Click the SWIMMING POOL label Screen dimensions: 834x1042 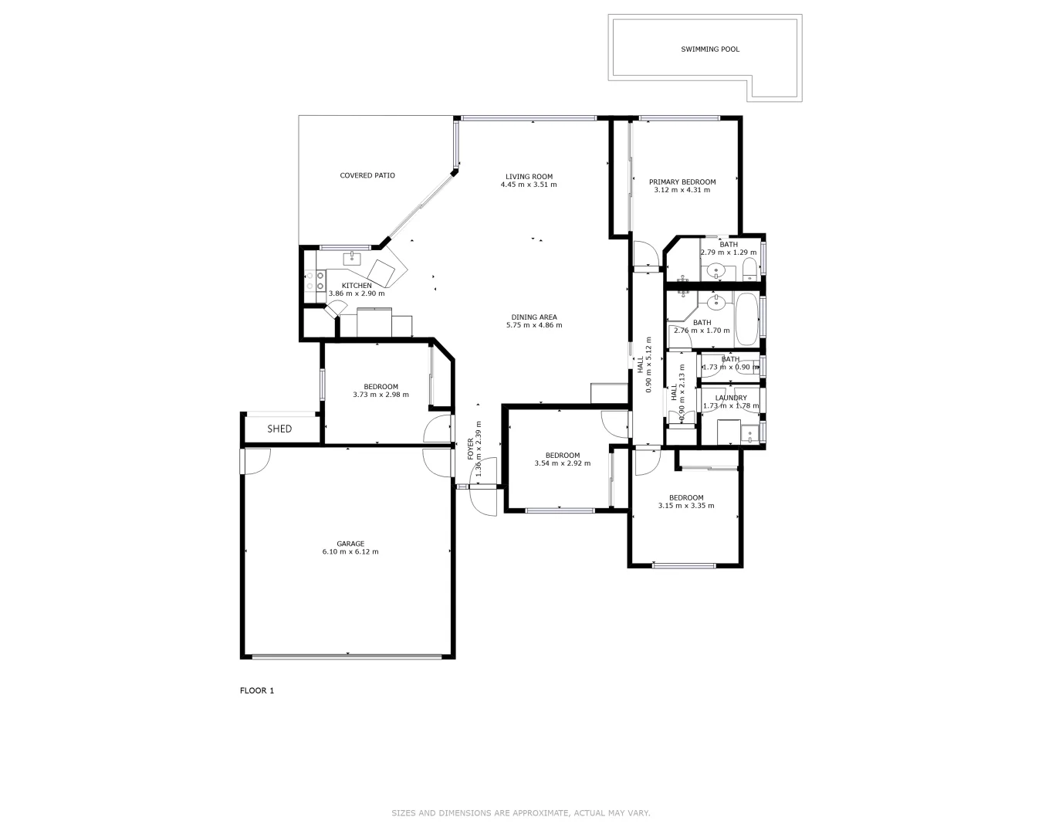pos(709,49)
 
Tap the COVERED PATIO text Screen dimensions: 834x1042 pos(367,175)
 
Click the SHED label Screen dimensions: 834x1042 pos(279,429)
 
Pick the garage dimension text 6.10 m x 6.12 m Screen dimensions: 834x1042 pos(350,552)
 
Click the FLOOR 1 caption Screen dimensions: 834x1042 pos(257,690)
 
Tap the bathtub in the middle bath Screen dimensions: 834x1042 pos(746,319)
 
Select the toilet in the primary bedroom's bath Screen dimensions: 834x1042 pos(749,270)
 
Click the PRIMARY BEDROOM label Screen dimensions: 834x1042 pos(682,182)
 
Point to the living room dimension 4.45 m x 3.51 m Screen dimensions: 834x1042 pos(529,185)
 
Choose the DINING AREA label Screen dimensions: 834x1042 pos(533,317)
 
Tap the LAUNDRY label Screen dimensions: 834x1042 pos(730,398)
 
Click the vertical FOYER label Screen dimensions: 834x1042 pos(470,449)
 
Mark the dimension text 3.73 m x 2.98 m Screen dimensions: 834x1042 pos(381,395)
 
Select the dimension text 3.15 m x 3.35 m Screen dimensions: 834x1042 pos(685,506)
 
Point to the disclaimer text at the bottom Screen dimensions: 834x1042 pos(520,812)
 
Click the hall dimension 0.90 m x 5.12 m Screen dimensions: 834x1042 pos(648,364)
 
